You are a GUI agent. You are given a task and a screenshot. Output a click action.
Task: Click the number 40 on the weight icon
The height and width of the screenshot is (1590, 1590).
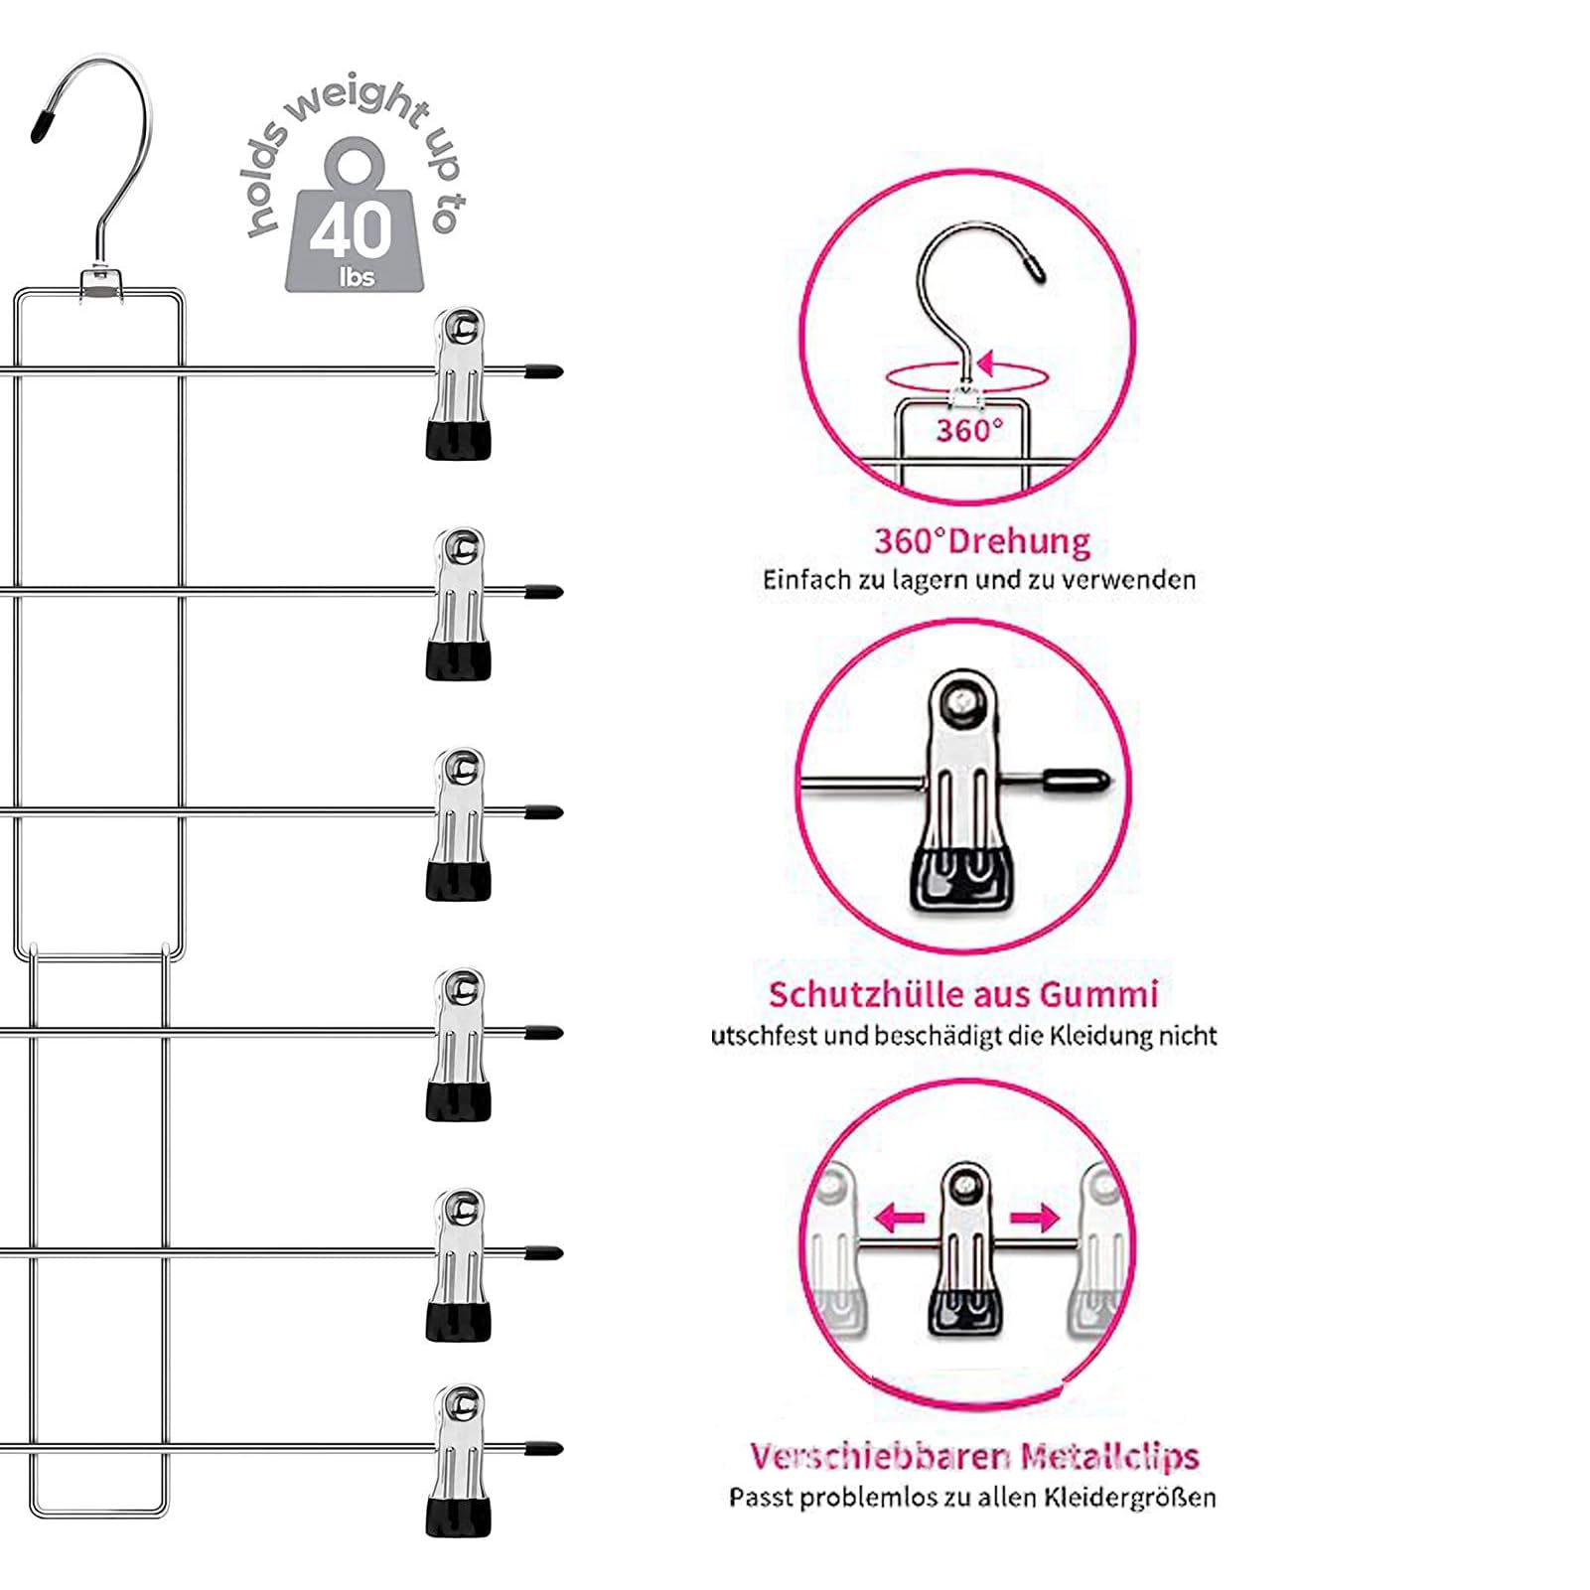pos(352,231)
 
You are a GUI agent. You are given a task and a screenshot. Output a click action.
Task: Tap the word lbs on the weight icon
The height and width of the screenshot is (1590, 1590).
pos(357,277)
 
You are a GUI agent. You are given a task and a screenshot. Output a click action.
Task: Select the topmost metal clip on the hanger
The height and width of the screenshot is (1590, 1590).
pos(458,384)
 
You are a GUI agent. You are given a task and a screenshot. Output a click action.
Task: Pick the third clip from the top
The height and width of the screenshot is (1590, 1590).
pos(458,824)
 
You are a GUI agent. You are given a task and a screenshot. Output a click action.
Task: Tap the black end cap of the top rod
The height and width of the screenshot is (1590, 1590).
pos(543,372)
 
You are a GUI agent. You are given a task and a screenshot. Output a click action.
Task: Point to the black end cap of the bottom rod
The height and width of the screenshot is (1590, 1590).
pos(543,1449)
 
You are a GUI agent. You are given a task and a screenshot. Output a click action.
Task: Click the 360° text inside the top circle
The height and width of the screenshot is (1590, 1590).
pos(969,430)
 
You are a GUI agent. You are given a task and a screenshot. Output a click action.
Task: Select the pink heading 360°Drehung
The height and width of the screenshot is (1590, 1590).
pos(982,541)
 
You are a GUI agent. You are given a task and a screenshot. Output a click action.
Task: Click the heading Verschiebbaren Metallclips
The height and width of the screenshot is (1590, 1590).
pos(974,1456)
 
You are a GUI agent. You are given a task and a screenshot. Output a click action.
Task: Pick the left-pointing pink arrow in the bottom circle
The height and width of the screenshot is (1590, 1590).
pos(900,1217)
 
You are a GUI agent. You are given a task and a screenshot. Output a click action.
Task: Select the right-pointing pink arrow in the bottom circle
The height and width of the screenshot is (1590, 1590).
pos(1035,1217)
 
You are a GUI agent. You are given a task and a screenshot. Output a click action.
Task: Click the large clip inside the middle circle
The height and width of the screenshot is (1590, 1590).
pos(963,790)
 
